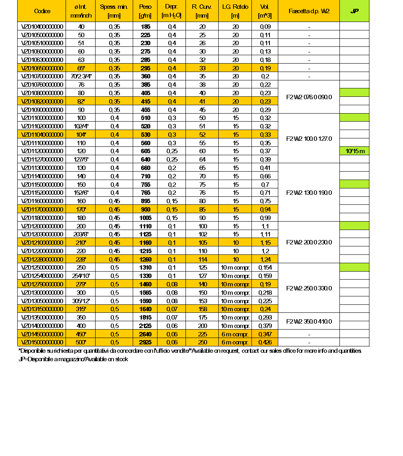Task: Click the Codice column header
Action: [x=42, y=11]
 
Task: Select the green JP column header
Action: [x=354, y=11]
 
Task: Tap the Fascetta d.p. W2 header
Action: [x=309, y=11]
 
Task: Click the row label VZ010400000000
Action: [x=42, y=27]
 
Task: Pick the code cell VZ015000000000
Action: [x=42, y=342]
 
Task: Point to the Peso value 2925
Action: [x=145, y=342]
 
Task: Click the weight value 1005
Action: [x=145, y=218]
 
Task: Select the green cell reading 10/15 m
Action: [x=354, y=151]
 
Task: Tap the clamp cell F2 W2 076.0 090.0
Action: [x=309, y=97]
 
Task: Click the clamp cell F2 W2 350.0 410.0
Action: [x=309, y=322]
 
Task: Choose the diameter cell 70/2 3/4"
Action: [x=81, y=76]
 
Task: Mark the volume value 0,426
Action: [x=265, y=342]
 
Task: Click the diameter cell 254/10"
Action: [x=81, y=276]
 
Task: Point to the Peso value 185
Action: [x=145, y=27]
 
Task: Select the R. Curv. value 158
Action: [x=202, y=309]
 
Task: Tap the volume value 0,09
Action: [x=265, y=27]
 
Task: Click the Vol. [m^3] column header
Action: [x=265, y=11]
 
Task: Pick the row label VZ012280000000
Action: [x=42, y=259]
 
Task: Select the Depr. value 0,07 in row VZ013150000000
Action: [x=172, y=309]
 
